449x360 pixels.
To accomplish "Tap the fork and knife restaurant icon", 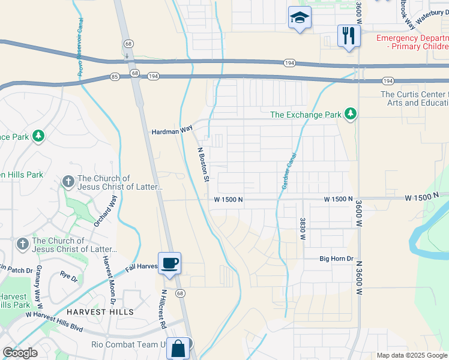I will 349,35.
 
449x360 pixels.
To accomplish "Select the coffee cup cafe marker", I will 169,263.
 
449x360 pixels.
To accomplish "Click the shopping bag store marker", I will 178,348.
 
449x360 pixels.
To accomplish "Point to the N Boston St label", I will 203,164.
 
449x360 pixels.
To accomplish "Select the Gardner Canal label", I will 288,171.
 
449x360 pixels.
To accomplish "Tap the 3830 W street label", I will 303,229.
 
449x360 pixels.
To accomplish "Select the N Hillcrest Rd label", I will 162,309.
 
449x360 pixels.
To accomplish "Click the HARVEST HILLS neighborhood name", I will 100,312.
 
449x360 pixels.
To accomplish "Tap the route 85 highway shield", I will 115,76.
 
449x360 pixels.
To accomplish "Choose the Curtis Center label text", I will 414,98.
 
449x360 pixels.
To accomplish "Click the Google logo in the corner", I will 20,353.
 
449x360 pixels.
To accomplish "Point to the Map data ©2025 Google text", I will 412,355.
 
